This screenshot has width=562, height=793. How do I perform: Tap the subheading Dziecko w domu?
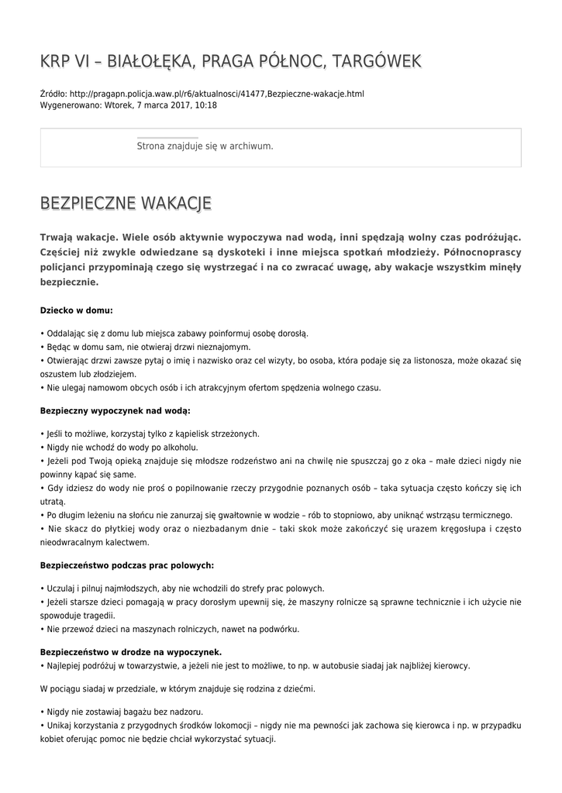(x=76, y=310)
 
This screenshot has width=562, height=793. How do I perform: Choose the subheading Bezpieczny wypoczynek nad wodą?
(x=115, y=409)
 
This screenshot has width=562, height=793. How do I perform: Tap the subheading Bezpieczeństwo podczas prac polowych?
(x=127, y=565)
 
